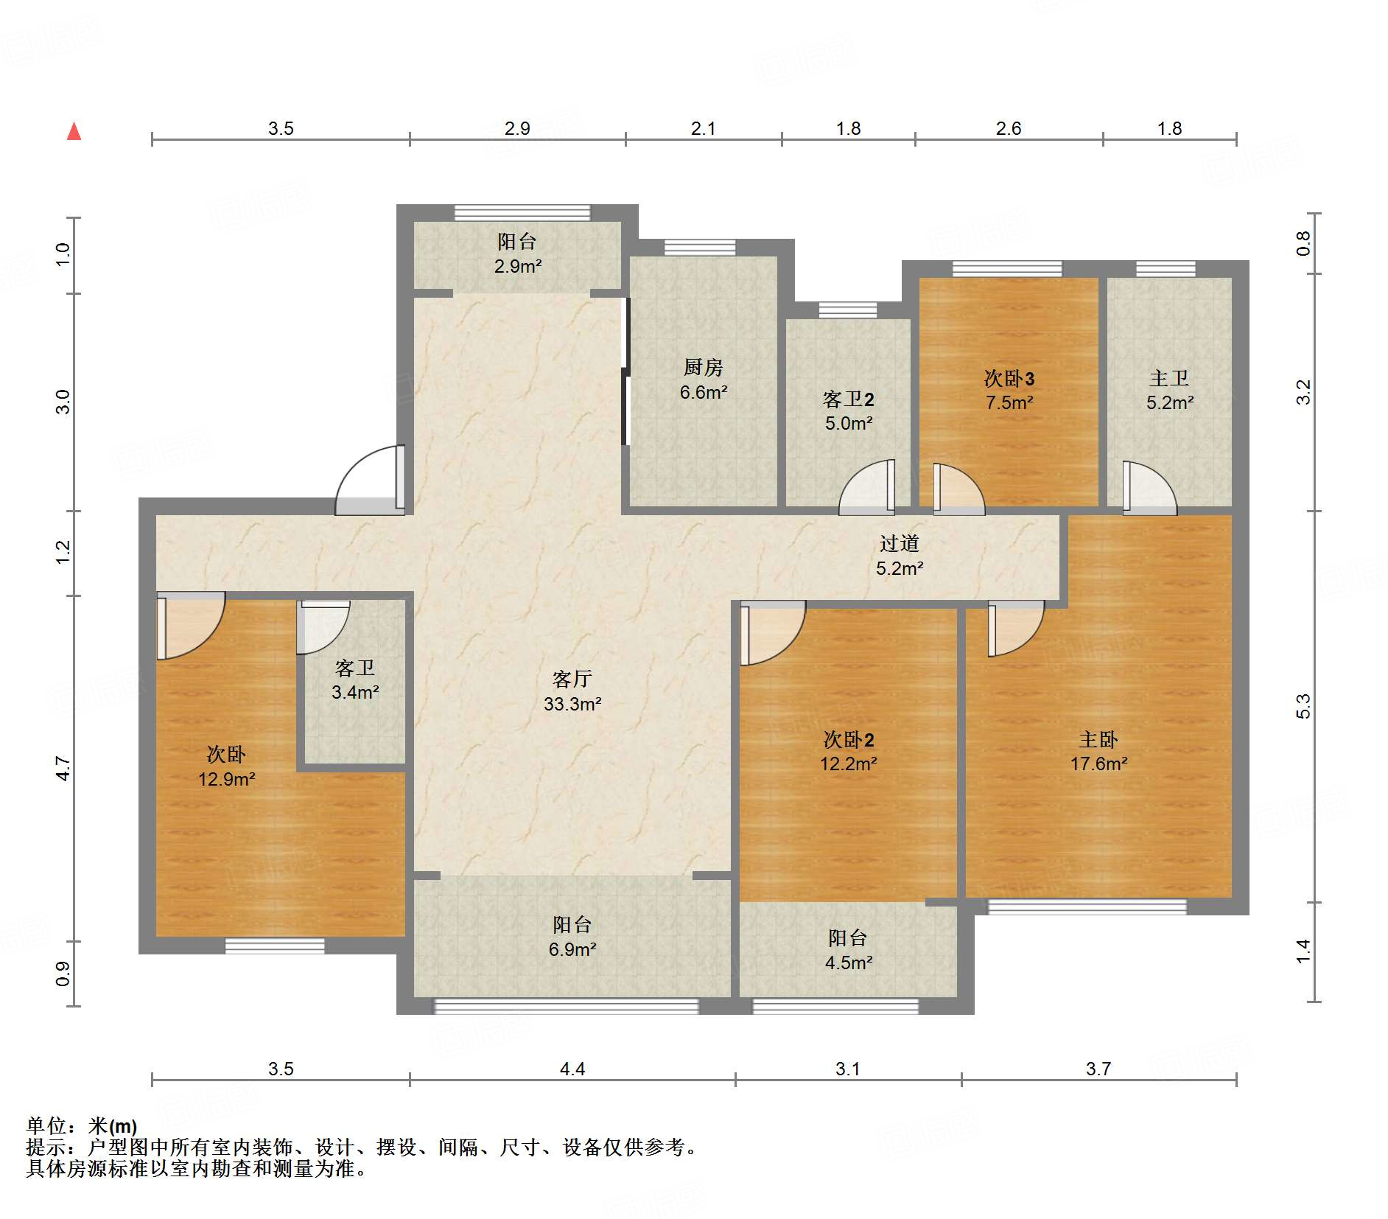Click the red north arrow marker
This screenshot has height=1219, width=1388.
click(74, 131)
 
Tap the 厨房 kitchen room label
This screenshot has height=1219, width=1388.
click(703, 367)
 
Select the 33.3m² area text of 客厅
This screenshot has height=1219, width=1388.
click(572, 704)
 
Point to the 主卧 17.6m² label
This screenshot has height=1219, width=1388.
click(1098, 751)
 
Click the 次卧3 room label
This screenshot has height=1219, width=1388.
click(1009, 379)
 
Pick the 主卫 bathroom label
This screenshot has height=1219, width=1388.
click(1169, 378)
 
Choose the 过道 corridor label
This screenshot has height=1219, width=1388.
click(900, 544)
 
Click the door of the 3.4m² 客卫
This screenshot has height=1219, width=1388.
click(323, 627)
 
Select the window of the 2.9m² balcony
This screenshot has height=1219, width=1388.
click(522, 213)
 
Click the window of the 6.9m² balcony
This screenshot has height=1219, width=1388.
click(566, 1006)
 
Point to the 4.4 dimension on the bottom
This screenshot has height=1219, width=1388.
click(572, 1069)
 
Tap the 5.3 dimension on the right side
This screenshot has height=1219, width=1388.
click(1303, 706)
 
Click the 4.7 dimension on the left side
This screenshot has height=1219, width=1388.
click(63, 769)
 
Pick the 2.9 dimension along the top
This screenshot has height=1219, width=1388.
click(517, 128)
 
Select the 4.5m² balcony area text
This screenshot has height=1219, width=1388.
click(849, 963)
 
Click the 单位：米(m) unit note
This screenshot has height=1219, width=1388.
click(82, 1126)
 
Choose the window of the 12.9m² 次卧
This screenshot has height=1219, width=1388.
click(275, 946)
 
